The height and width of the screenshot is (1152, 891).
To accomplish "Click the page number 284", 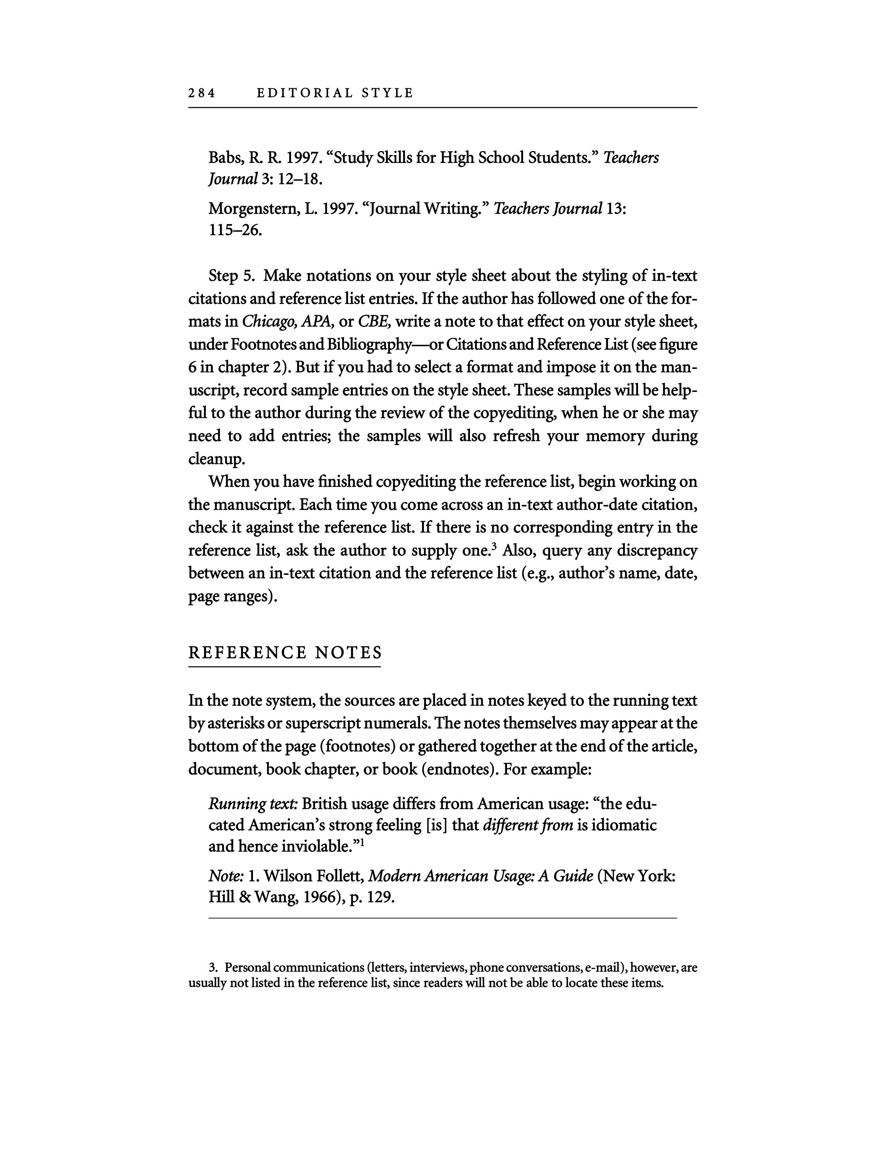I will click(202, 93).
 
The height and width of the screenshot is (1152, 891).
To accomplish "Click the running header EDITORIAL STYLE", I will click(335, 93).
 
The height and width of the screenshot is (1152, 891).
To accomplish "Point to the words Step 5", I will click(231, 276).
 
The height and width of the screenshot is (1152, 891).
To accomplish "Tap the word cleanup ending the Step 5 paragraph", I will click(216, 459).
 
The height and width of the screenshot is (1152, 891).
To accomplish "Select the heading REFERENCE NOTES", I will click(285, 653).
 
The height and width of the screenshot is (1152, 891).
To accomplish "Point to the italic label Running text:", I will click(253, 804).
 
